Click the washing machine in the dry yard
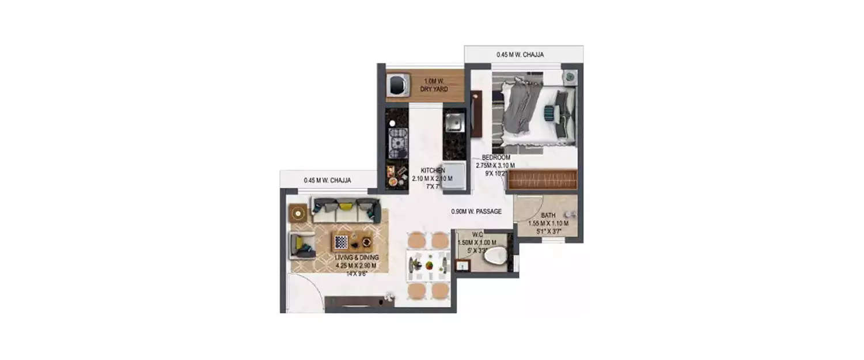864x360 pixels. click(398, 85)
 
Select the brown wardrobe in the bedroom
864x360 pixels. click(541, 179)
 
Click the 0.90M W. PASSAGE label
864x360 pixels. click(476, 211)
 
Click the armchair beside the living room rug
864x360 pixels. click(302, 245)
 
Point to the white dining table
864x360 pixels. click(428, 266)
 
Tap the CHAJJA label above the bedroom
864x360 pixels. click(520, 55)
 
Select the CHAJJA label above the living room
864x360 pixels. click(327, 180)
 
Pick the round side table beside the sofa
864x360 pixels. click(298, 213)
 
